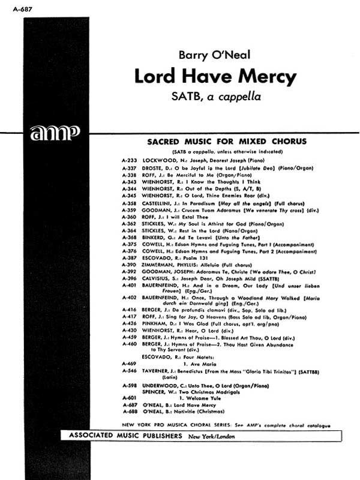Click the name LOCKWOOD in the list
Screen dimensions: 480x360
coord(159,161)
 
